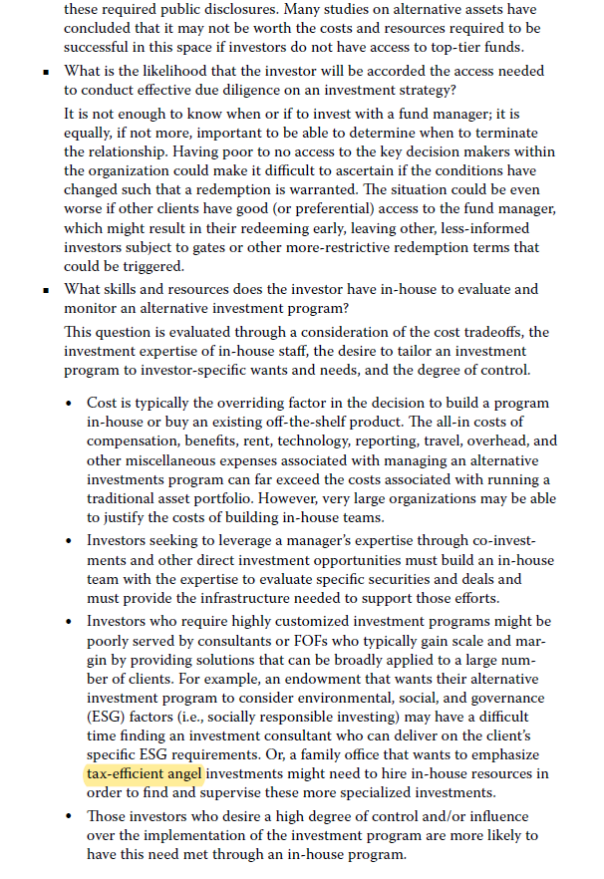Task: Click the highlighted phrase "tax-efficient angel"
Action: point(143,773)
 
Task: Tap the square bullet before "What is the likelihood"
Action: point(46,73)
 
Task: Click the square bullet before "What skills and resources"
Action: point(46,290)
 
